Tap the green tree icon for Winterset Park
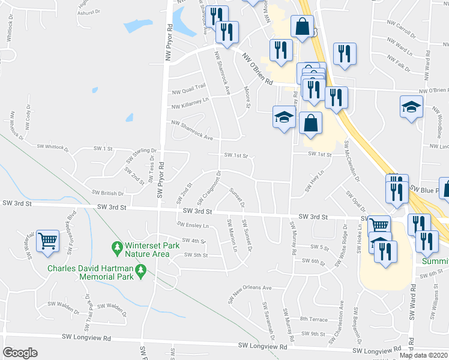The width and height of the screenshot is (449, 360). point(118,247)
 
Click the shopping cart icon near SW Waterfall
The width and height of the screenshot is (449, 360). point(47,241)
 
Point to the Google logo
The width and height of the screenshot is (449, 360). point(20,353)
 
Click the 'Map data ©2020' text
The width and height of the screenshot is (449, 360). point(424,355)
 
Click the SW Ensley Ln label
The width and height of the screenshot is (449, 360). point(193,225)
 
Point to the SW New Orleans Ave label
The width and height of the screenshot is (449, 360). point(249,290)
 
